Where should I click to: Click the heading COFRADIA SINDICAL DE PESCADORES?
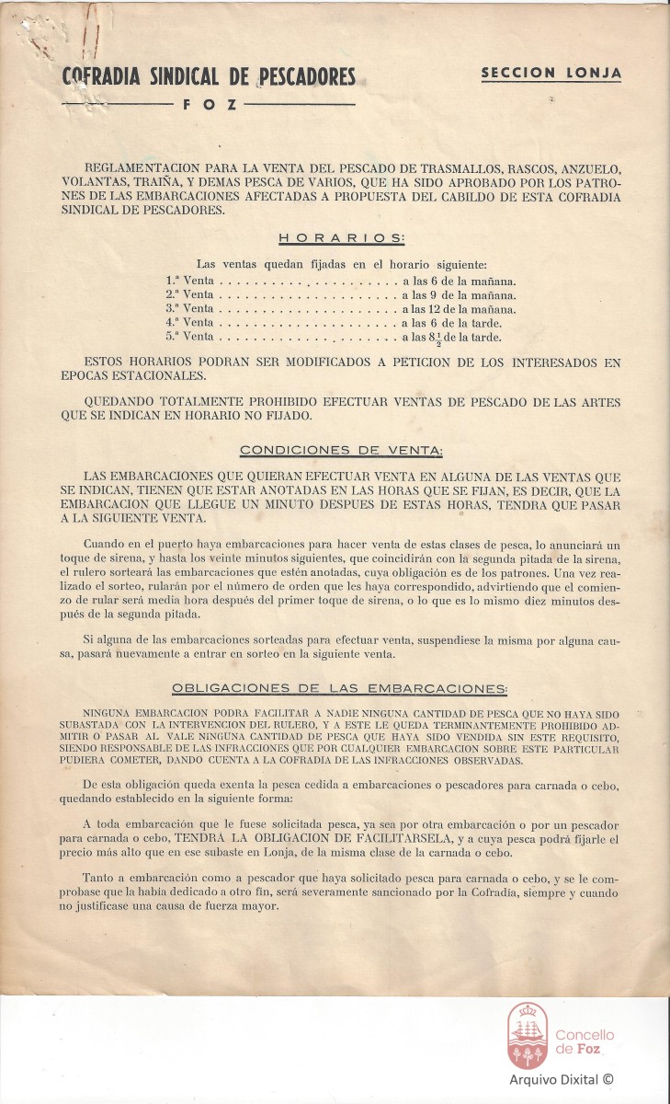pyautogui.click(x=209, y=77)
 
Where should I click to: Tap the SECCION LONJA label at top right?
pyautogui.click(x=551, y=73)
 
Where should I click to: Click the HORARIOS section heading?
pyautogui.click(x=341, y=237)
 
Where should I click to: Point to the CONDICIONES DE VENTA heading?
pyautogui.click(x=341, y=450)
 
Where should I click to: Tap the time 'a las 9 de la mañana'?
pyautogui.click(x=458, y=294)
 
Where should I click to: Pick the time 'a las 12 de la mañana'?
pyautogui.click(x=458, y=309)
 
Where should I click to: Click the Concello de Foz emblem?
pyautogui.click(x=528, y=1036)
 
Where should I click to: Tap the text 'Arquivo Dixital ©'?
pyautogui.click(x=562, y=1079)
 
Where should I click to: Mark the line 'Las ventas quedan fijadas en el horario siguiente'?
pyautogui.click(x=341, y=264)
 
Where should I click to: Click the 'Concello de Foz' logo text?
pyautogui.click(x=585, y=1042)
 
